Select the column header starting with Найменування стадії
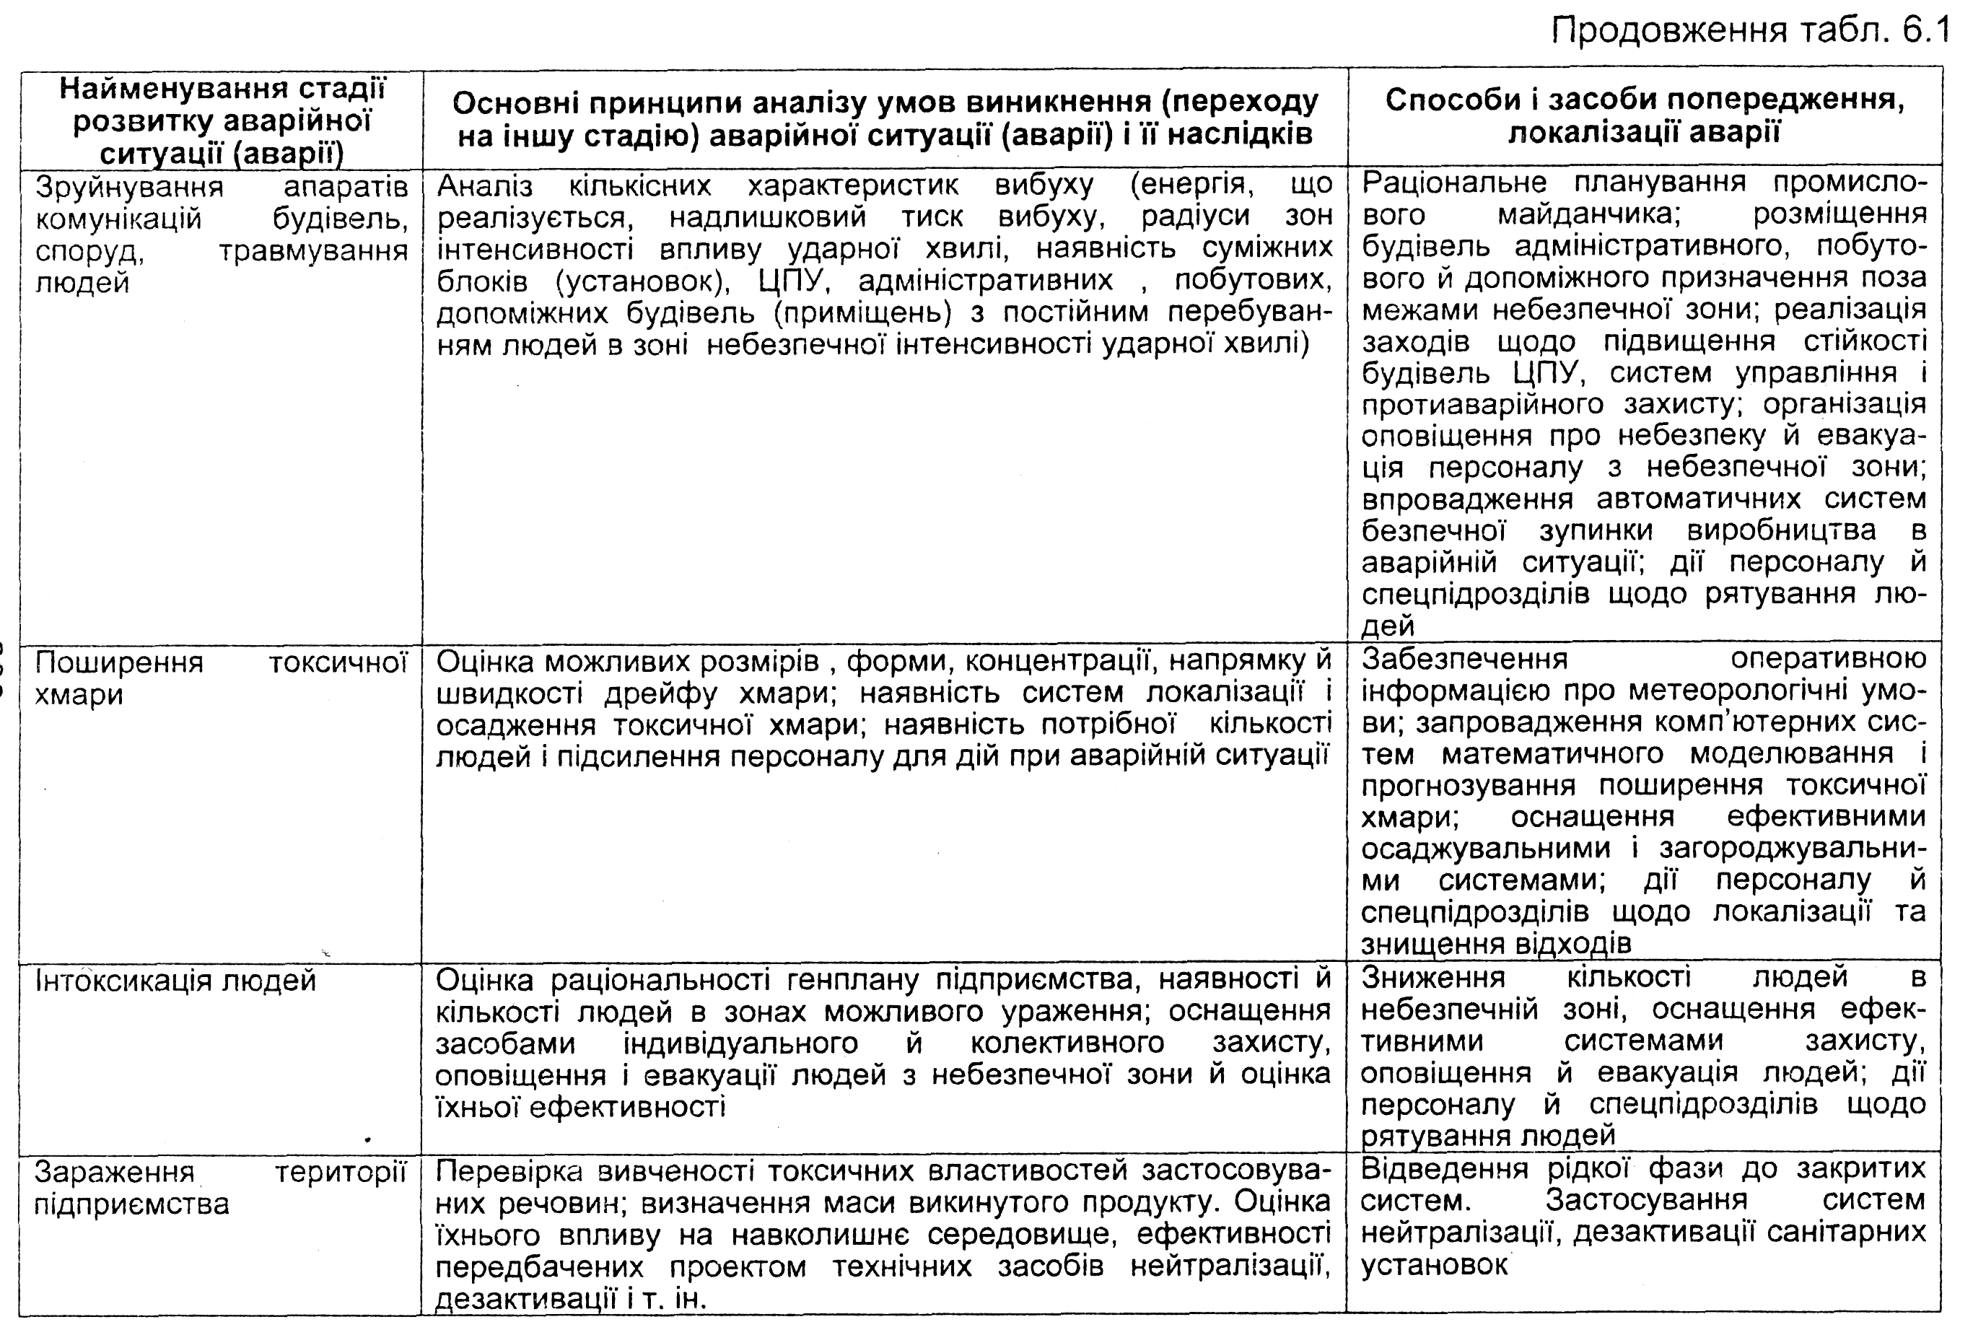pos(222,121)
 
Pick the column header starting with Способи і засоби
pos(1645,115)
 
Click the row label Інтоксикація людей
pos(175,980)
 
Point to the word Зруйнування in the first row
pos(129,186)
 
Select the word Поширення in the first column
pos(119,661)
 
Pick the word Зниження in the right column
pos(1433,978)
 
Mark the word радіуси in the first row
pos(1194,217)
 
